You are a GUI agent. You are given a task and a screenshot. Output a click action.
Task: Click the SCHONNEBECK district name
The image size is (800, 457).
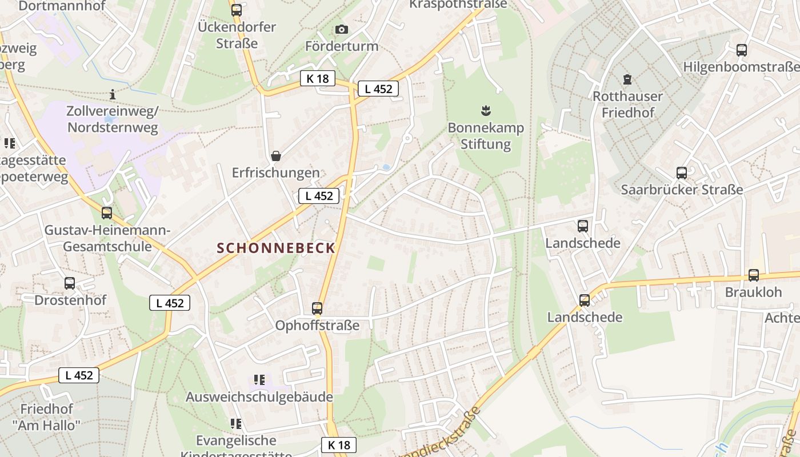point(276,248)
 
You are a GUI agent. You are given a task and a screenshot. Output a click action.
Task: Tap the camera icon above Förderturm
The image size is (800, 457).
point(342,30)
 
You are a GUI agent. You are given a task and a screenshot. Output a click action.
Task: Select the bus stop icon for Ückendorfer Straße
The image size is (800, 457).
point(237,10)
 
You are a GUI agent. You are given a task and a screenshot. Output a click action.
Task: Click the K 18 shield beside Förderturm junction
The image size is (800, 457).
point(317,79)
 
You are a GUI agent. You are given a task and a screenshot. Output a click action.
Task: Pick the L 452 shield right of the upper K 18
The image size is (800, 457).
point(378,89)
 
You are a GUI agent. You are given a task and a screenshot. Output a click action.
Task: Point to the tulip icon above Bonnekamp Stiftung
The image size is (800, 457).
point(486,111)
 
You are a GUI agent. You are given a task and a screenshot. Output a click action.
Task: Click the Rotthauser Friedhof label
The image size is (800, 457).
point(627,104)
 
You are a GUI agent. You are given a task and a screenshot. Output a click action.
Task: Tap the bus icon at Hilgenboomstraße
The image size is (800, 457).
point(741,50)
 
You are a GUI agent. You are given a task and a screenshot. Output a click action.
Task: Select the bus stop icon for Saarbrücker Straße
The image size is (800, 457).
point(681,173)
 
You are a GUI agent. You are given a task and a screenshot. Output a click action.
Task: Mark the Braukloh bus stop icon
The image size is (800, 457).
point(754,275)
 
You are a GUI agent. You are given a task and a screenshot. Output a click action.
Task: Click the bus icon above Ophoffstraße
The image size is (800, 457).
point(317,308)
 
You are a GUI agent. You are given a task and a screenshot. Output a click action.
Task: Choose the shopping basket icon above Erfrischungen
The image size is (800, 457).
point(276,156)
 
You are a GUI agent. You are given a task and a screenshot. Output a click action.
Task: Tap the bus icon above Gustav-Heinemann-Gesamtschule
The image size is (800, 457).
point(107,213)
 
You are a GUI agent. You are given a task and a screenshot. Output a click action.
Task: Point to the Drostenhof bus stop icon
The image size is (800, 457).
point(70,283)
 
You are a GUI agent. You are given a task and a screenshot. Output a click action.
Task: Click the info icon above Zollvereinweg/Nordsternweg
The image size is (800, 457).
point(113,94)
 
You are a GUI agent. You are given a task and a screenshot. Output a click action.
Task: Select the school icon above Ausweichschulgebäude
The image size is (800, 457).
point(259,380)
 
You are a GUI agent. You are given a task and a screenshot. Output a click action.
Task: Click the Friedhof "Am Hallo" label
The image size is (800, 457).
point(47,417)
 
